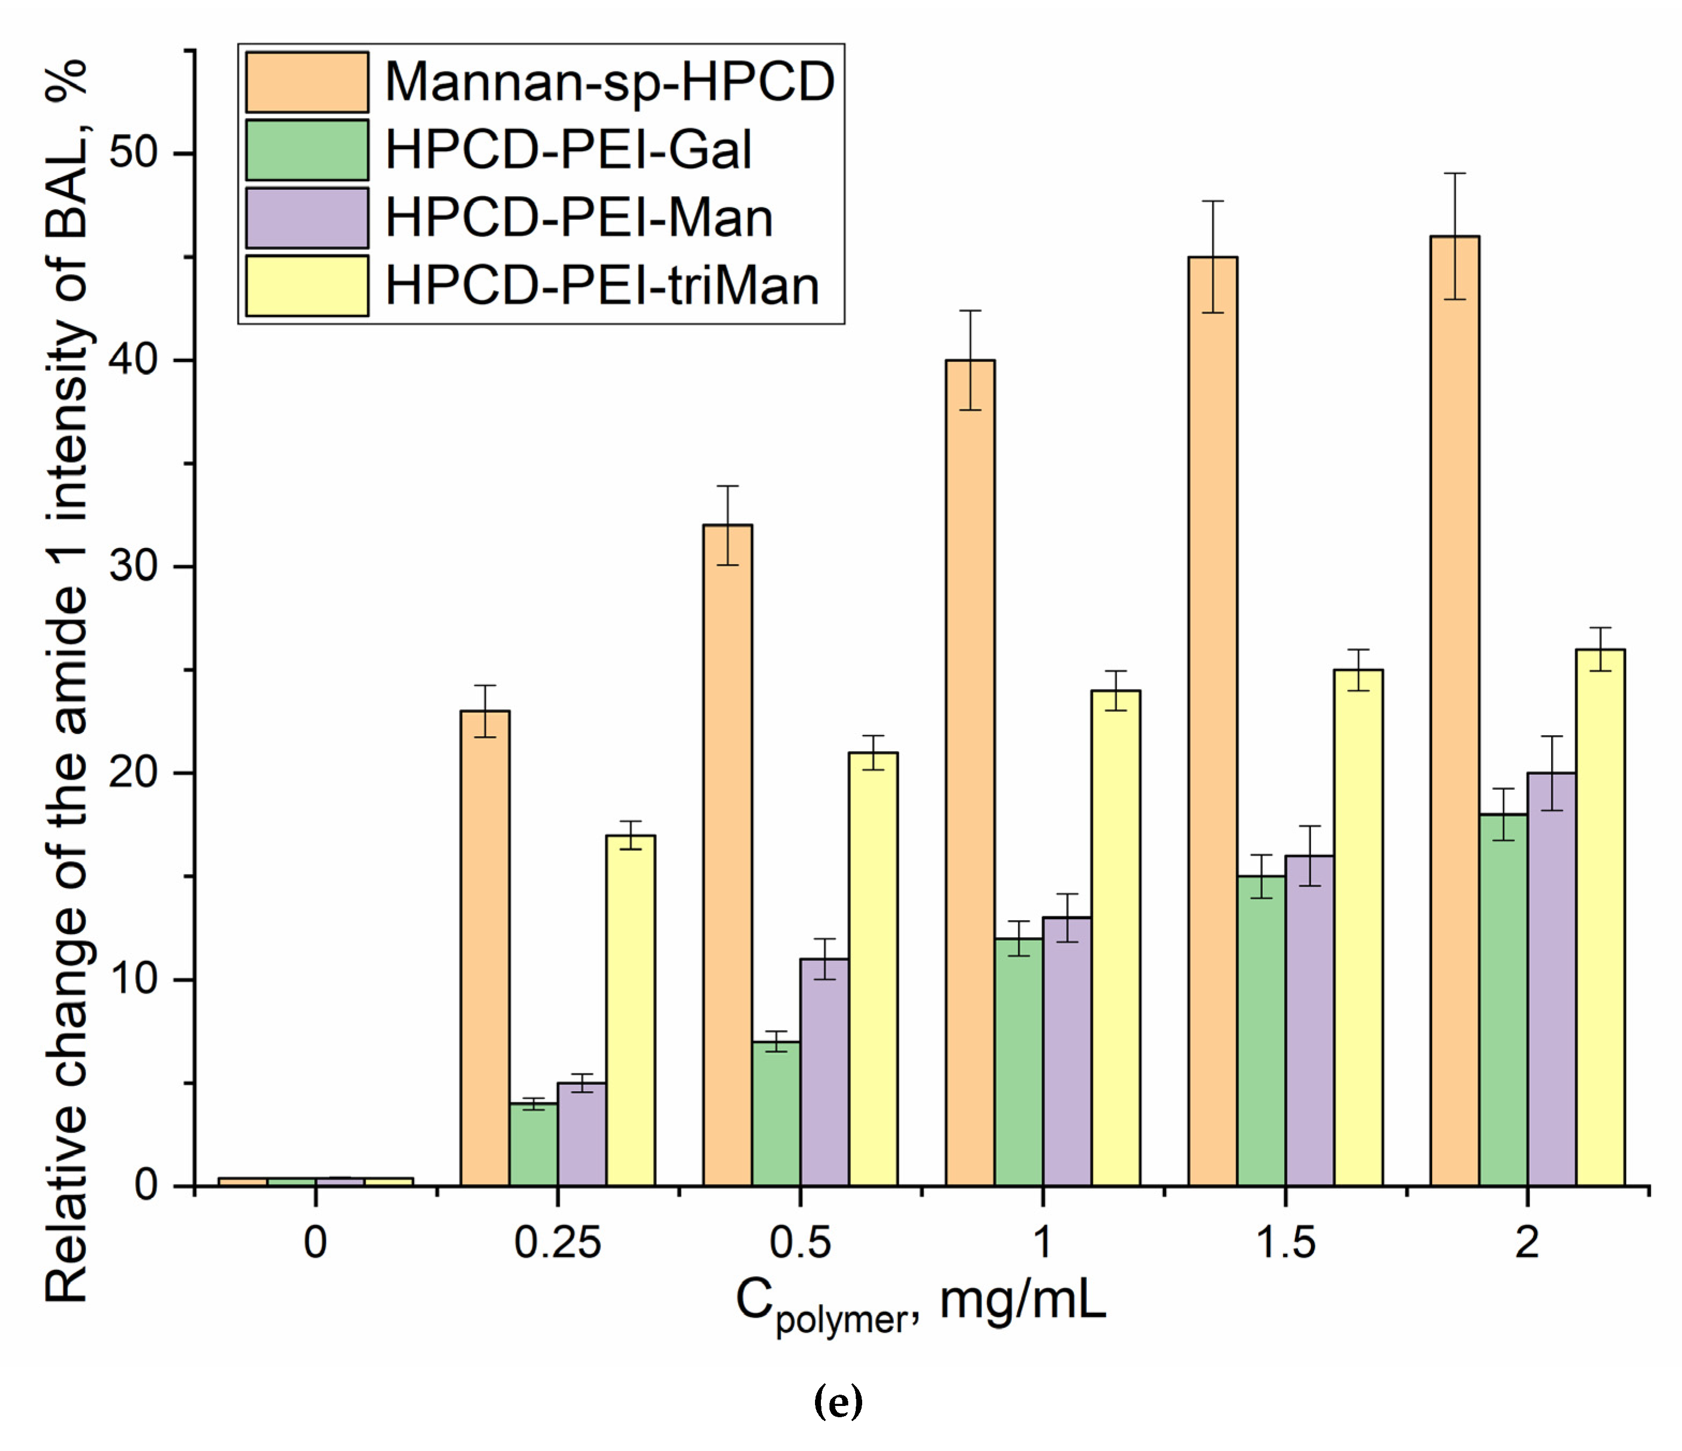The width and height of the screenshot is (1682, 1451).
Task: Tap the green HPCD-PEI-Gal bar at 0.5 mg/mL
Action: [776, 1113]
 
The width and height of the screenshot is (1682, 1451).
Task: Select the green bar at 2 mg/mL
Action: [1502, 1000]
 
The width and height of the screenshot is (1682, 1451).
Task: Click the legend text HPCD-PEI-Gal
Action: [568, 150]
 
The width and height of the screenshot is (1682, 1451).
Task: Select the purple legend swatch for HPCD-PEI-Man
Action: [307, 218]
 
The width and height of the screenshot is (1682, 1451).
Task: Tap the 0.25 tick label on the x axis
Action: [558, 1243]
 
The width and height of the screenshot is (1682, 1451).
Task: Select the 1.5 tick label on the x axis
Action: [1285, 1243]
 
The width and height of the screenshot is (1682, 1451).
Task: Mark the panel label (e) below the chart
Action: [838, 1401]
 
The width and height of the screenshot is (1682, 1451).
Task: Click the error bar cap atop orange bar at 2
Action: [1454, 173]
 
